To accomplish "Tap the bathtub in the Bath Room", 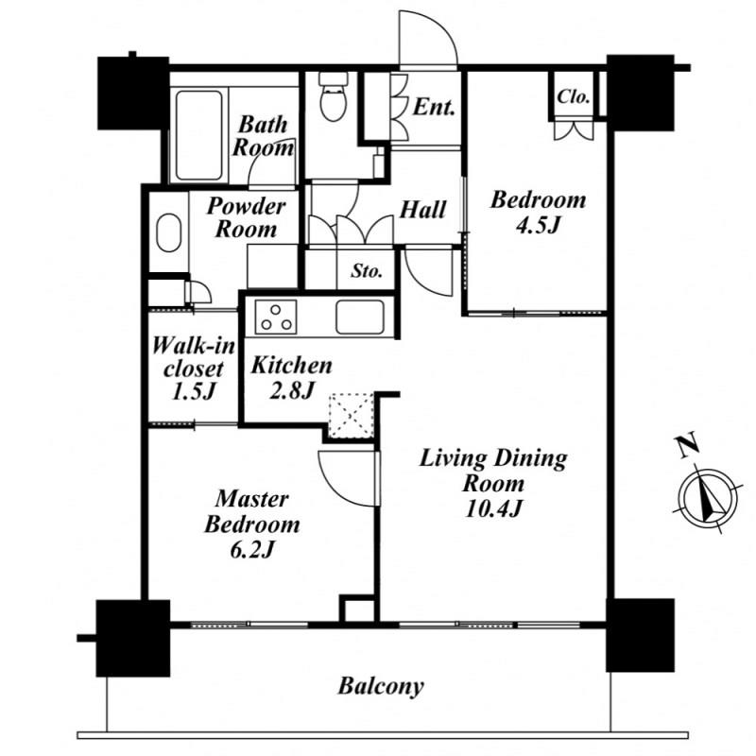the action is pos(198,135).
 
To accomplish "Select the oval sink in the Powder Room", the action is pos(169,232).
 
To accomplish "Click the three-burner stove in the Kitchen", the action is pos(276,318).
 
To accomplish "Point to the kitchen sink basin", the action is pos(360,317).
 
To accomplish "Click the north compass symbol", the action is pos(708,498).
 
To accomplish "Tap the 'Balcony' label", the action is pos(381,686).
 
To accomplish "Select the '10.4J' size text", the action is pos(493,509).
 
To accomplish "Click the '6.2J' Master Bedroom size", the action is pos(251,550).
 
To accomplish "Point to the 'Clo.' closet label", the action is pos(573,97).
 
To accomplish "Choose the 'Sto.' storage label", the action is pos(367,271).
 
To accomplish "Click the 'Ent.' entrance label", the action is pos(434,107).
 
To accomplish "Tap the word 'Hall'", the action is pos(422,210).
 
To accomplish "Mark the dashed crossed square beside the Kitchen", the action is pos(351,416).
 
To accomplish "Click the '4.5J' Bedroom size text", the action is pos(538,225).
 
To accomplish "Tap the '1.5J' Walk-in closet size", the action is pos(193,391).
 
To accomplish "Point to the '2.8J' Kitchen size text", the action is pos(292,390).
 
